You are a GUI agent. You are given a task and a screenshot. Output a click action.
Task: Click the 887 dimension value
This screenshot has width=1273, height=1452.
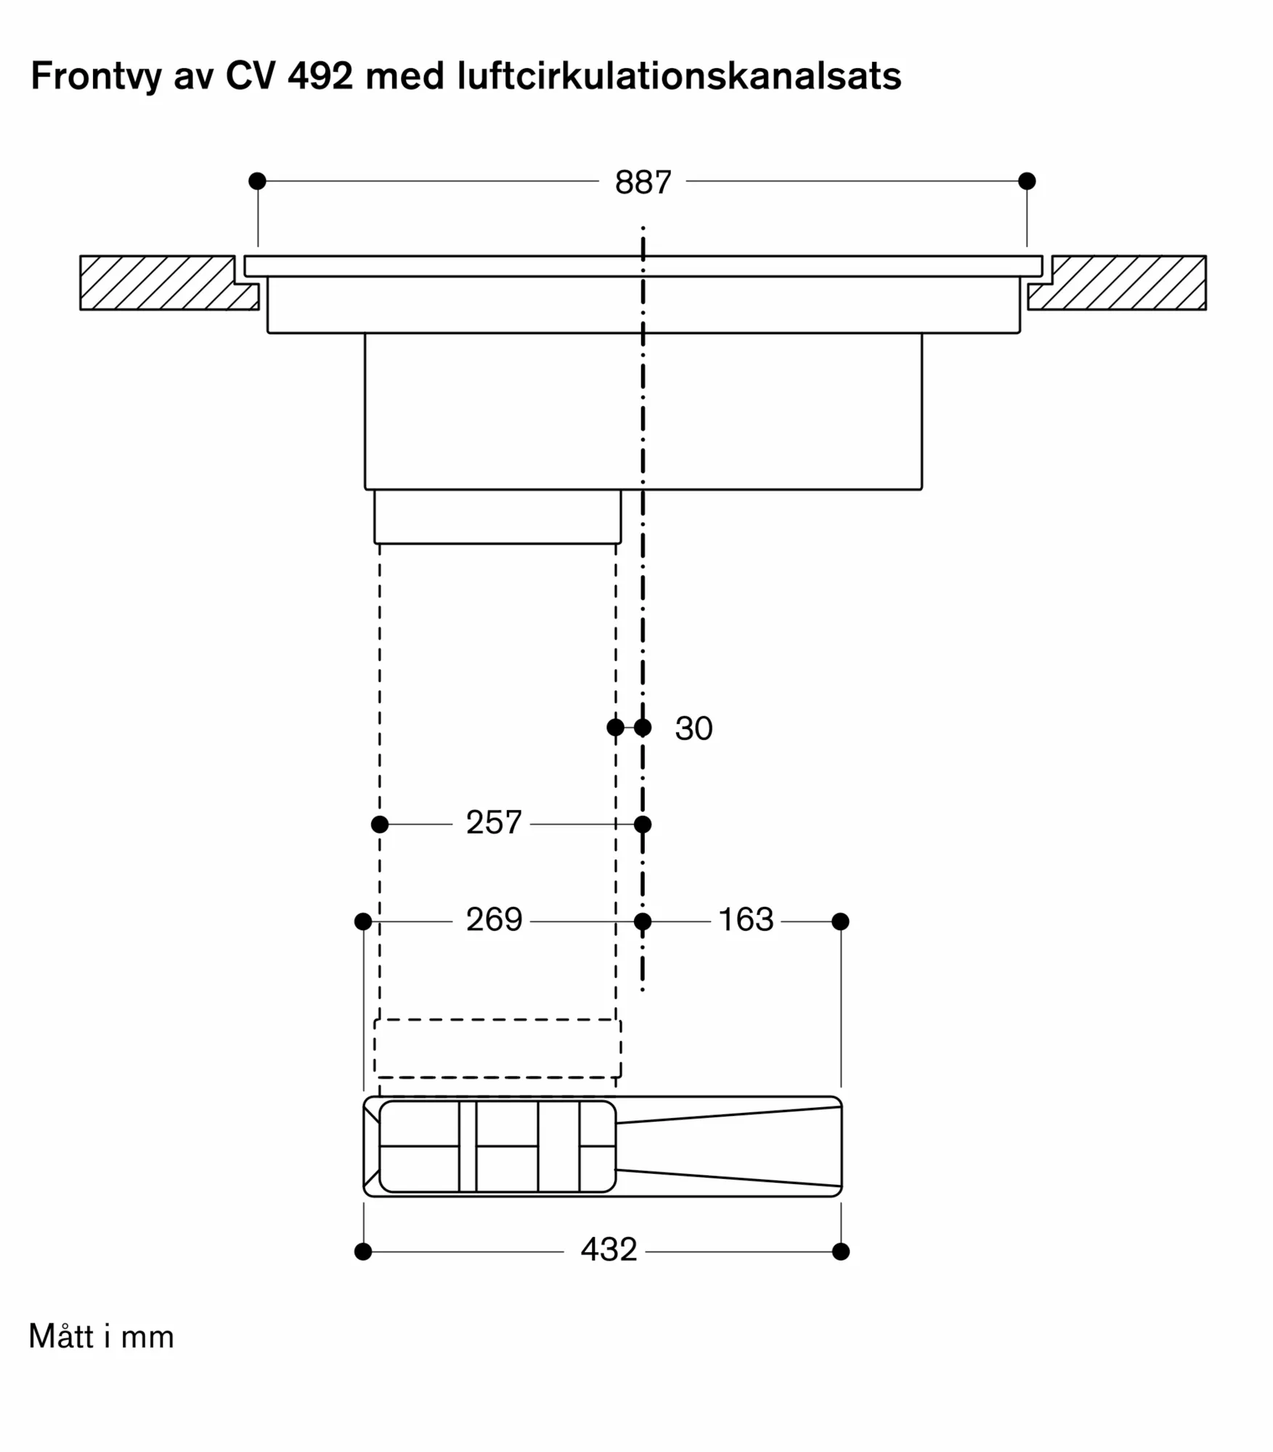[643, 182]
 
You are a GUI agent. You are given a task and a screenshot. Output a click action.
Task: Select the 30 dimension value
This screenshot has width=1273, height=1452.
[694, 728]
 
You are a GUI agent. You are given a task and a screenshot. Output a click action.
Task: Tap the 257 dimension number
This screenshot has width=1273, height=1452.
[494, 823]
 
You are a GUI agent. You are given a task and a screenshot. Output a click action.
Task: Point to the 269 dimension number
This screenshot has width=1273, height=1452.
[494, 920]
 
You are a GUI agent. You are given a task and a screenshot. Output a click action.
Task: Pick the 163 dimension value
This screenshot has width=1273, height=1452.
[746, 920]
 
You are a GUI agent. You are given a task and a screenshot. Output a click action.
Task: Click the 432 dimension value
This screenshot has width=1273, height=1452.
[609, 1249]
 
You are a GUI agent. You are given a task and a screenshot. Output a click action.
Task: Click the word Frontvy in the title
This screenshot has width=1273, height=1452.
[97, 77]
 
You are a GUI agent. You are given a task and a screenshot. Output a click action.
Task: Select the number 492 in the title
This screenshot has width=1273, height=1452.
[320, 76]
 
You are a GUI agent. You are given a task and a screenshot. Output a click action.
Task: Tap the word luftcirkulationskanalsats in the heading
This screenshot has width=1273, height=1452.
[679, 76]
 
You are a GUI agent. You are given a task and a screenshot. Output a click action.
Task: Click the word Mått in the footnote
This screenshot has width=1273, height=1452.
[61, 1337]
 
